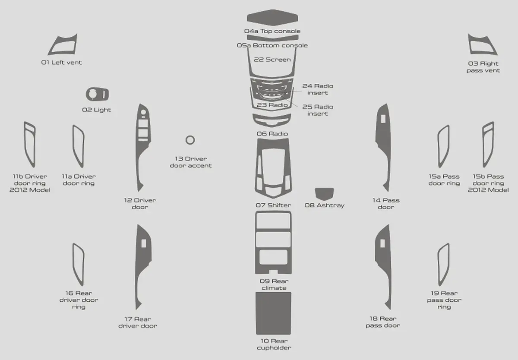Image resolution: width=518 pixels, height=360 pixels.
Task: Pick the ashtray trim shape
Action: (x=324, y=194)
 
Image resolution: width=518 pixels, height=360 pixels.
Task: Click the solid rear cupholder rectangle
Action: (x=273, y=313)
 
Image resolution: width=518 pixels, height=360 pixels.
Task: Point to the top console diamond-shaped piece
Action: (x=272, y=18)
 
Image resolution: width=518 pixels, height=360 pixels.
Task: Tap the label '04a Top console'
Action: (x=272, y=31)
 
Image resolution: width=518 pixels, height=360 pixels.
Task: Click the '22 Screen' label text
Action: (x=272, y=60)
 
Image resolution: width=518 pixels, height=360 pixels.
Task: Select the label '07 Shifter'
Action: (x=273, y=205)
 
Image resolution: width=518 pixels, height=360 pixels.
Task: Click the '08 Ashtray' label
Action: (x=325, y=205)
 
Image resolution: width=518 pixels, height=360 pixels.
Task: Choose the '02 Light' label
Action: (x=96, y=110)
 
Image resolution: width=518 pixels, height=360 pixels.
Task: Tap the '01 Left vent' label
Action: (x=61, y=63)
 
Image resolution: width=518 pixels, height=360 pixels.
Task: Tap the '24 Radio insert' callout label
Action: (x=318, y=89)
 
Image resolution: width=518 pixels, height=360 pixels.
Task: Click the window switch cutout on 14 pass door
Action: (x=383, y=119)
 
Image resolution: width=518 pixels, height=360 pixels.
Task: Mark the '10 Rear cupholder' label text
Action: (x=274, y=344)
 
